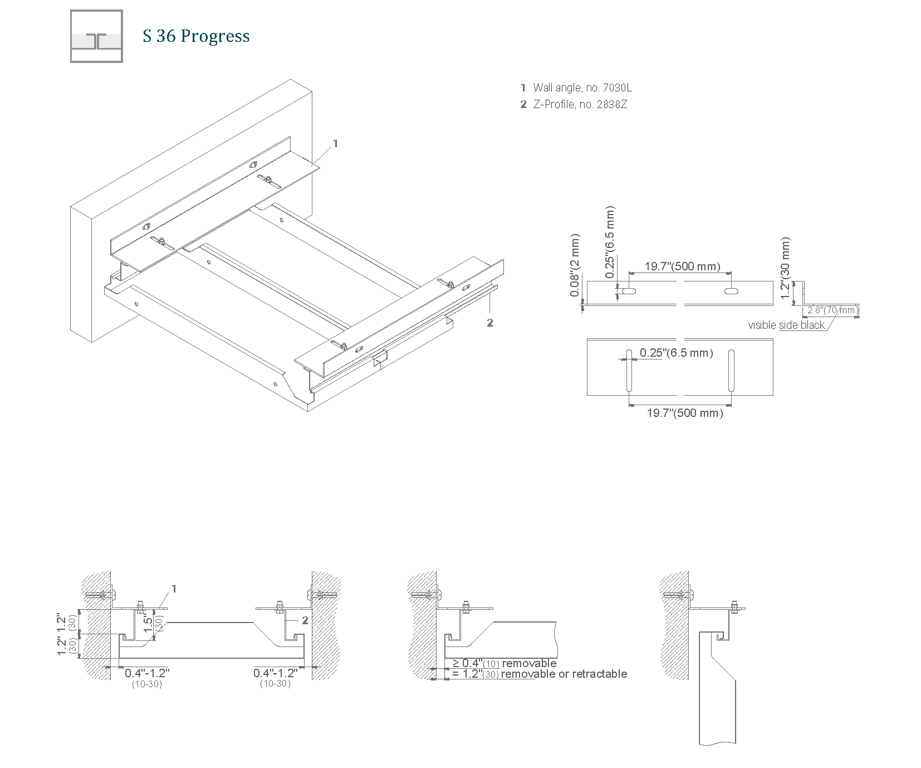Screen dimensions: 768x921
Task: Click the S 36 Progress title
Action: [196, 36]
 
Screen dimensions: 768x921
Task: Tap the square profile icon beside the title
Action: [96, 36]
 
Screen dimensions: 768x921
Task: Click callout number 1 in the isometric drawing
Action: [335, 143]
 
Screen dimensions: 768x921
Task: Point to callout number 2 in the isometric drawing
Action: [490, 322]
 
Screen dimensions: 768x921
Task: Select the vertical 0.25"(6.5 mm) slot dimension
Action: [610, 242]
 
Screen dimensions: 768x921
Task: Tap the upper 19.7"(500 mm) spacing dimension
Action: [682, 266]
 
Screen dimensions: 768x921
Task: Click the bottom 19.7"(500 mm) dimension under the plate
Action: [684, 413]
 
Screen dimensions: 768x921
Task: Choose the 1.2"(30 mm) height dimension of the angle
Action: [786, 268]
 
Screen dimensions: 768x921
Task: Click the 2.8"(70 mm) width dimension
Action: [832, 310]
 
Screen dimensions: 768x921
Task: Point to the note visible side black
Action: [786, 325]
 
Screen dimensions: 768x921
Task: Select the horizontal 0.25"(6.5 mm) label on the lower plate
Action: [676, 353]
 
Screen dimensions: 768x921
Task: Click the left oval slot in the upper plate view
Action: [629, 291]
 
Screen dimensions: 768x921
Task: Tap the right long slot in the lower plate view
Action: [731, 370]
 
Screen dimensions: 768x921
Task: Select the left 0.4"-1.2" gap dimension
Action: [147, 672]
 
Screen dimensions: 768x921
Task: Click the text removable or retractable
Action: [564, 674]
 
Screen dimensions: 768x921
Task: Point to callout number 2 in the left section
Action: [305, 620]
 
